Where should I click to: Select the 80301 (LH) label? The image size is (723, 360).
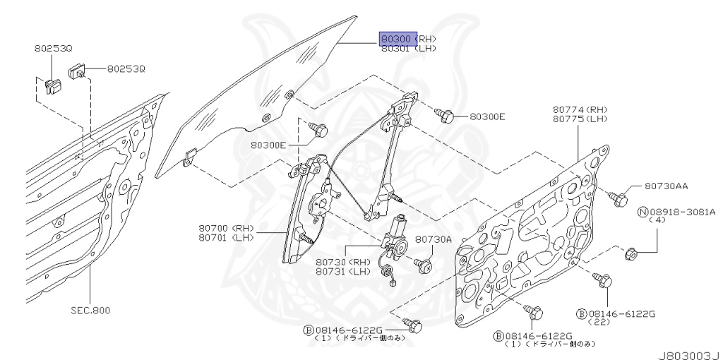409,49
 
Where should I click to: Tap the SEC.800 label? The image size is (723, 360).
90,309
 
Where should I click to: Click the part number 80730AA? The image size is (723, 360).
666,186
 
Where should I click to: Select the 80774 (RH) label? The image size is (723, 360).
580,109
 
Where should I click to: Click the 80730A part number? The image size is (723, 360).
433,239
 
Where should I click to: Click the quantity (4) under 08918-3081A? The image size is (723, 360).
657,220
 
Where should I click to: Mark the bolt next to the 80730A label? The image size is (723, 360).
425,265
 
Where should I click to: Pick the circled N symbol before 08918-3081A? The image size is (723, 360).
643,211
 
